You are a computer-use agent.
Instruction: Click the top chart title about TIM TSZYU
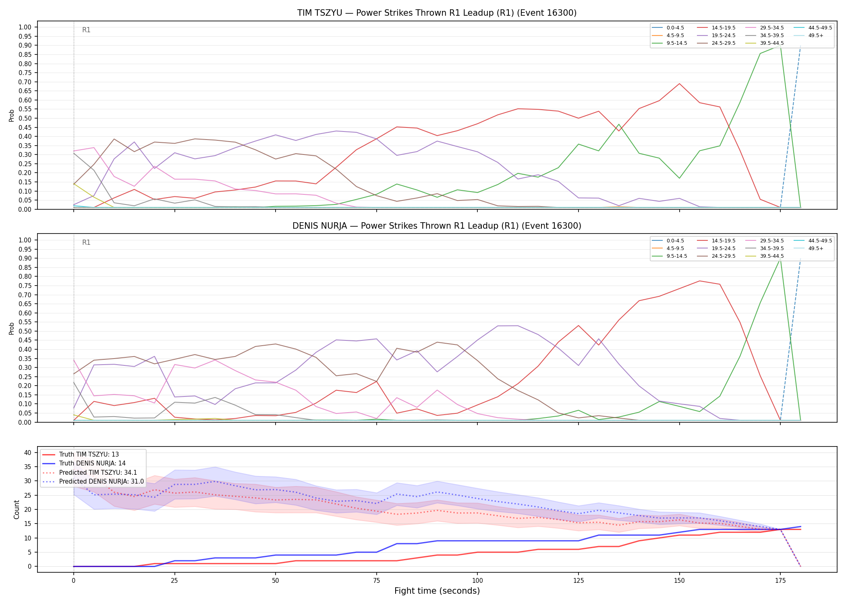pos(437,13)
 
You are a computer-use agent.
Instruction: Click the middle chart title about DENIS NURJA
pos(437,226)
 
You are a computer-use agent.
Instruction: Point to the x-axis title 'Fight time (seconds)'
pos(437,591)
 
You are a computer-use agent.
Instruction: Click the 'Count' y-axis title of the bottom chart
pos(17,509)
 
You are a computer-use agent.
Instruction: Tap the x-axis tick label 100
pos(477,581)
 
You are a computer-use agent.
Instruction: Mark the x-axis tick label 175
pos(780,581)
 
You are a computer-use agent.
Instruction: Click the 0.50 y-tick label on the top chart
pos(25,118)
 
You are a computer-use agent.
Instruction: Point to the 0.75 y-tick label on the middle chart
pos(25,286)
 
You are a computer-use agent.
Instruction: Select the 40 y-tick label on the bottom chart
pos(28,453)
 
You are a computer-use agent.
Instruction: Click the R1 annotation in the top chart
pos(86,30)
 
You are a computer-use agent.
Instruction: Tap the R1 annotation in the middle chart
pos(86,242)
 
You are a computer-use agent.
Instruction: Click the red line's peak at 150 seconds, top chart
pos(679,83)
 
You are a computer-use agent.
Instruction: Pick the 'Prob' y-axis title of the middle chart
pos(12,328)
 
